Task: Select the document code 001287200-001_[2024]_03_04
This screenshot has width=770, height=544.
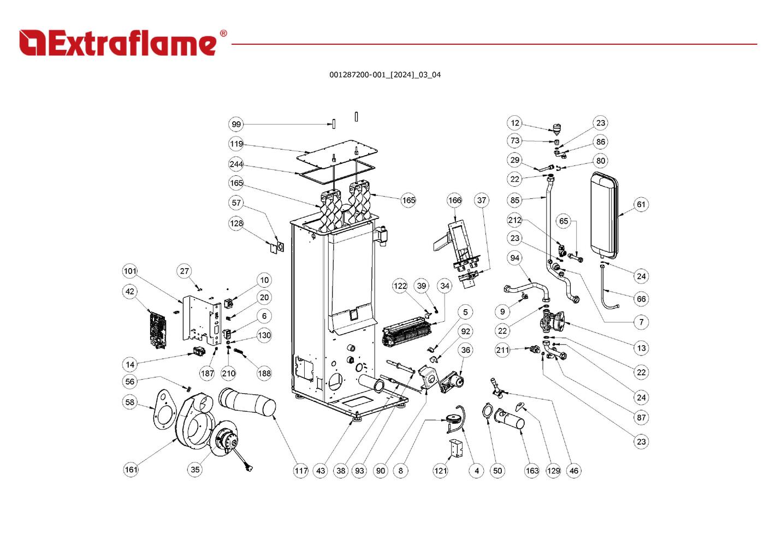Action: point(384,75)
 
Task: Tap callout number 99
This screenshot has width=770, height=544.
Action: point(236,125)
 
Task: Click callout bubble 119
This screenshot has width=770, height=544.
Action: point(236,145)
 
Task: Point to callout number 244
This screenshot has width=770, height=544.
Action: point(236,164)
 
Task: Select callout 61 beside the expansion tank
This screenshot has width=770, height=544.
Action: point(641,205)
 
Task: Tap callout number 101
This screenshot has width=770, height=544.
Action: point(130,271)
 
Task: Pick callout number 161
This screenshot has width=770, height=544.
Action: point(131,470)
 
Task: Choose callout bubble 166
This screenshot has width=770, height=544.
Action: point(454,200)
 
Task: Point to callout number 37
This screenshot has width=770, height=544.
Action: point(481,200)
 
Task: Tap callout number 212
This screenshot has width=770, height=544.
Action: point(514,221)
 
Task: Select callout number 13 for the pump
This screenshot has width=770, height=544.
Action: point(641,348)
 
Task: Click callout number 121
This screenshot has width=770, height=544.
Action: point(440,471)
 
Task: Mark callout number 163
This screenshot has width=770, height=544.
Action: point(532,471)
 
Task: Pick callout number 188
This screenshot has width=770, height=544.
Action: point(264,374)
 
